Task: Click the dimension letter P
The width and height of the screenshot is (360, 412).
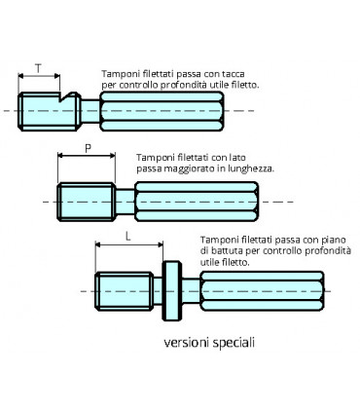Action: [x=88, y=149]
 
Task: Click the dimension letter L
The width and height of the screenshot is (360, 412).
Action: [x=127, y=237]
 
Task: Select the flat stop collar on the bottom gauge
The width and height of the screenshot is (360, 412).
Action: [x=171, y=289]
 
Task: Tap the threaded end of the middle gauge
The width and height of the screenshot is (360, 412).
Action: [x=87, y=201]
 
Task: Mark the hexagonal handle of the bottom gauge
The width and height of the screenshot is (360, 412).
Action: [x=259, y=290]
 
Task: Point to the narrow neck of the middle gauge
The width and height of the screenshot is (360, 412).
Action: [x=125, y=201]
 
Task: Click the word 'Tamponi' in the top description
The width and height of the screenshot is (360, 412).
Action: [x=121, y=74]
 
